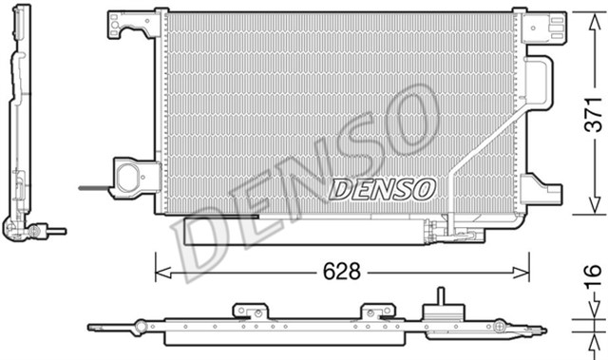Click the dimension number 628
point(340,272)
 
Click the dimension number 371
point(590,114)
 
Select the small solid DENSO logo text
point(381,189)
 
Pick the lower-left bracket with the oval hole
point(133,178)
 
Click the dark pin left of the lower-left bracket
point(93,187)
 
